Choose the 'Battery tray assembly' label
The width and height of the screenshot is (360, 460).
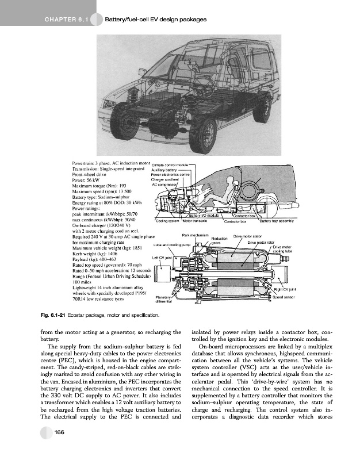(278, 221)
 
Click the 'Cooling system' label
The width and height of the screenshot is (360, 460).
(167, 221)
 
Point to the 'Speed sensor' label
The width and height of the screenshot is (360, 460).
(284, 298)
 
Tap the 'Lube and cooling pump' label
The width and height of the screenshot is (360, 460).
(171, 245)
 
